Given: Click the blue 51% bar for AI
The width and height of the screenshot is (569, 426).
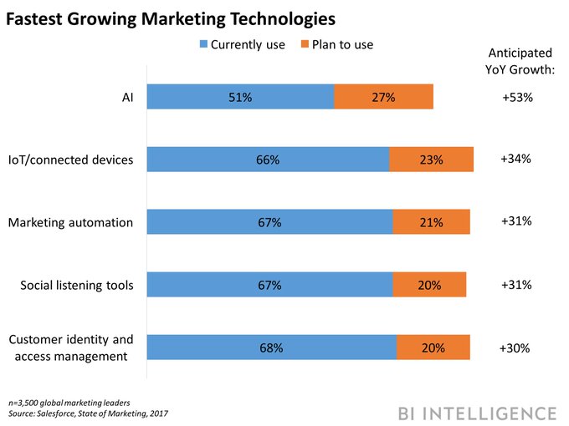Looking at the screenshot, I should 240,97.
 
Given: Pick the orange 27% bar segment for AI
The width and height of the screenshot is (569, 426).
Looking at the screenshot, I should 383,97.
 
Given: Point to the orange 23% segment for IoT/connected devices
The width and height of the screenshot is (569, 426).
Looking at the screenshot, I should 431,160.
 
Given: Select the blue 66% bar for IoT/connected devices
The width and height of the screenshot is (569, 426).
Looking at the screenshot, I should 268,160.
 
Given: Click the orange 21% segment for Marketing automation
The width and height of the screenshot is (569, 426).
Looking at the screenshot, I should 431,222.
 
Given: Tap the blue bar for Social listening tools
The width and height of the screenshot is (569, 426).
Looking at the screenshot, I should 269,285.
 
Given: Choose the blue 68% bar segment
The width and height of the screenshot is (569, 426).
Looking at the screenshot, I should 271,347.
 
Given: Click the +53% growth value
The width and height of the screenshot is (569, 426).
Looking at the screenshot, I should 517,97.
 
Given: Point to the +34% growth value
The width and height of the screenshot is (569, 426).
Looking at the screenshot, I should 515,158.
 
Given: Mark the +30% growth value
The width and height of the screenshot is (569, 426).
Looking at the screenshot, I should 515,347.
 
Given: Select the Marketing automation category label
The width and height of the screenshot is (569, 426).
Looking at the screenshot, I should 70,222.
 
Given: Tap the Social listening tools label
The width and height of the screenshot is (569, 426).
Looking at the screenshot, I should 77,286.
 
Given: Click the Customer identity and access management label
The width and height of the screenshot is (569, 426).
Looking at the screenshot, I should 70,348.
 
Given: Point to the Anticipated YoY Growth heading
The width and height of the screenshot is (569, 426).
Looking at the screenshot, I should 520,61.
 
